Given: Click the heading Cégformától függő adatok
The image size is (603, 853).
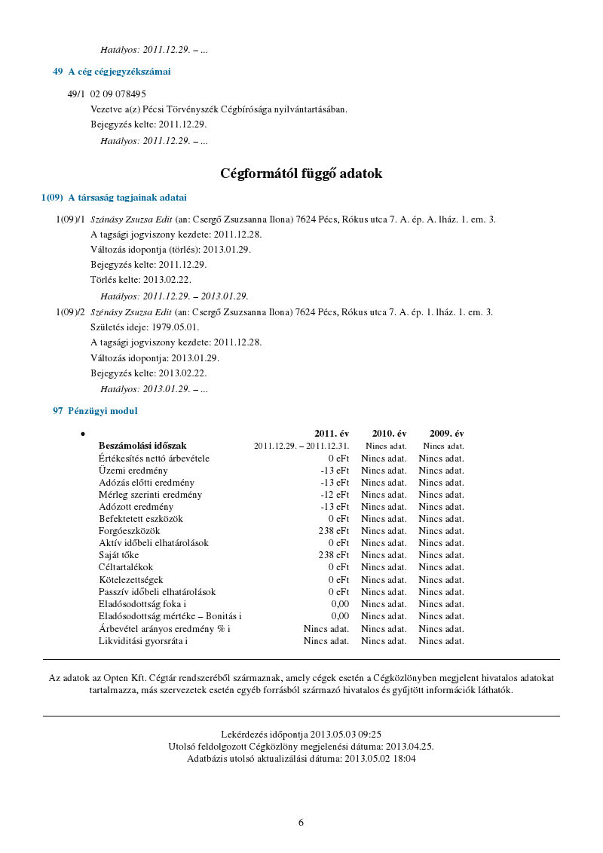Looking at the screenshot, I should (x=301, y=173).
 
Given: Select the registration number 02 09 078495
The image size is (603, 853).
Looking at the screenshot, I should (x=118, y=94).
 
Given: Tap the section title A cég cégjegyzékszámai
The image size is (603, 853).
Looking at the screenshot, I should (x=119, y=72).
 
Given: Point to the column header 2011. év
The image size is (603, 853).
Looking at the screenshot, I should (x=332, y=434).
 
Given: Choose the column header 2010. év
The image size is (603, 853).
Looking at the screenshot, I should (x=389, y=434).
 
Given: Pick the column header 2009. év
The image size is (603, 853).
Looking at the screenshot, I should (x=446, y=434).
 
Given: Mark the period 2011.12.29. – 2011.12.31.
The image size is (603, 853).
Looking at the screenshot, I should (x=301, y=446).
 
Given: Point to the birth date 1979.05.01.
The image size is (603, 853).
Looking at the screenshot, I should (x=176, y=327).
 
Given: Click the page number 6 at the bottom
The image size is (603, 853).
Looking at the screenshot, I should (x=301, y=823).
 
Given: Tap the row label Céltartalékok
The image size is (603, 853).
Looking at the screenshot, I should (x=126, y=566).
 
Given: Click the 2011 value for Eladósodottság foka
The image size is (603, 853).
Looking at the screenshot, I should (x=340, y=604).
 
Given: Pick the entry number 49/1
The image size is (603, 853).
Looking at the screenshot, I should (x=76, y=94).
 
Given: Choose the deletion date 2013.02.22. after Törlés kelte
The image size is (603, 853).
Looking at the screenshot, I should (x=167, y=280).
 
